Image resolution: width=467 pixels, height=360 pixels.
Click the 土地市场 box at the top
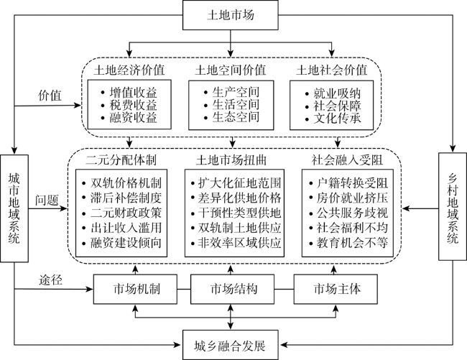[x=230, y=15]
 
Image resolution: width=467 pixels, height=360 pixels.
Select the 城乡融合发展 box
[x=230, y=345]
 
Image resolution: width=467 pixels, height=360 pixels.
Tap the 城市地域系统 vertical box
[x=14, y=208]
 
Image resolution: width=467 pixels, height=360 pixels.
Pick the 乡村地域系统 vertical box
[x=453, y=207]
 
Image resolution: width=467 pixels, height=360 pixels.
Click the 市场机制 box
[x=136, y=289]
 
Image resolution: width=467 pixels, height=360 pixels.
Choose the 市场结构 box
[x=232, y=289]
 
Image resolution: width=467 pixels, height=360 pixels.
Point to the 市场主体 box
[x=336, y=289]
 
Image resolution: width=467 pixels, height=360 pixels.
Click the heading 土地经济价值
[x=129, y=70]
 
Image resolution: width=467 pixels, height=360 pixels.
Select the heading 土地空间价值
[x=231, y=70]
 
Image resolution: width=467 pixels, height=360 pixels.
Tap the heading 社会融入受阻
[x=347, y=160]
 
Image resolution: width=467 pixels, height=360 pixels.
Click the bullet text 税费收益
[x=133, y=105]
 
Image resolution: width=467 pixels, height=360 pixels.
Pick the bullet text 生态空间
[x=236, y=117]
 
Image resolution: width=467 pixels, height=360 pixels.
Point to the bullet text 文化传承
[x=337, y=119]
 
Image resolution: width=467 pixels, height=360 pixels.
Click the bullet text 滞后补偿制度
[x=126, y=198]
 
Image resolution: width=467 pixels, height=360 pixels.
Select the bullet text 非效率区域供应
[x=240, y=243]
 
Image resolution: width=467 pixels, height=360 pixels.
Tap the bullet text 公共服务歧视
[x=352, y=213]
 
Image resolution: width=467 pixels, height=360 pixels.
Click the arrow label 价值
[x=50, y=96]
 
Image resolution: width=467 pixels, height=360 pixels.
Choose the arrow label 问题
[x=47, y=200]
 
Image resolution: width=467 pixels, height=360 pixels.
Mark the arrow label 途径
[x=50, y=280]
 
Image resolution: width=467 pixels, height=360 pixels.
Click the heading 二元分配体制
[x=121, y=160]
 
